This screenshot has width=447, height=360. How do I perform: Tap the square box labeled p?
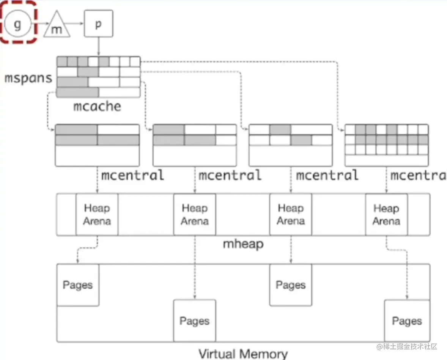(x=98, y=24)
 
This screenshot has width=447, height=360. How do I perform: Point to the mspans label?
(x=28, y=78)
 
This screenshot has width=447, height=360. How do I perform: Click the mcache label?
(x=98, y=106)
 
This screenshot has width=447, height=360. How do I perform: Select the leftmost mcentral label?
(x=132, y=175)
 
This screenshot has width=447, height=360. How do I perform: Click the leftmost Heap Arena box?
(x=97, y=214)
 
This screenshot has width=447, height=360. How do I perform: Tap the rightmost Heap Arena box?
(x=386, y=214)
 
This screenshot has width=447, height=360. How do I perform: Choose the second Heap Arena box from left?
(x=194, y=214)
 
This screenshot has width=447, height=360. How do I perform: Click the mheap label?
(x=243, y=244)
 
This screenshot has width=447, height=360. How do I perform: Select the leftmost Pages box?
(x=78, y=285)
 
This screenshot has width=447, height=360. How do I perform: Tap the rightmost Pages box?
(x=407, y=321)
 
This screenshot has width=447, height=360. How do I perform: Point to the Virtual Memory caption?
(x=243, y=354)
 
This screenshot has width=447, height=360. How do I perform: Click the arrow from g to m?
(x=39, y=24)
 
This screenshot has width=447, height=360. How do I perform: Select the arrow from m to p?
(x=77, y=24)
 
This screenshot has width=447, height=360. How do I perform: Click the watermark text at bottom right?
(x=406, y=346)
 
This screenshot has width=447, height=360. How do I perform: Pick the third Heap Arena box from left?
(x=291, y=214)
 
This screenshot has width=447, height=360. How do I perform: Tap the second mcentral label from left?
(x=230, y=175)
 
